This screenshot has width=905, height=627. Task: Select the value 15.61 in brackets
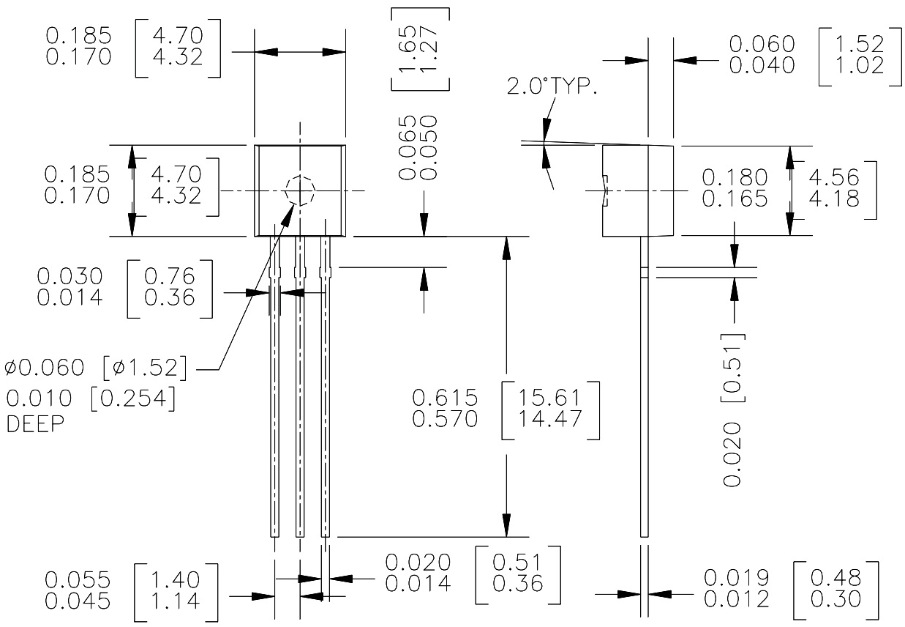(550, 398)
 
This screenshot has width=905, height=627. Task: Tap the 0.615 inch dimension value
(446, 398)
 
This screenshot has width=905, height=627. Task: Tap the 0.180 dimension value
(735, 178)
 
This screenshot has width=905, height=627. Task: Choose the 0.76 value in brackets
(170, 276)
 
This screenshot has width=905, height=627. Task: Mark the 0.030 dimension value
(70, 276)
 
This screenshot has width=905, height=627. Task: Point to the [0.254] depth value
(134, 399)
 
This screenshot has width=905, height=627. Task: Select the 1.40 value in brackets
(175, 580)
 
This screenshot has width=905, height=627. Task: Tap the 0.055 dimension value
(78, 580)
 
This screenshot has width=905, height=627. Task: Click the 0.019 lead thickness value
(737, 578)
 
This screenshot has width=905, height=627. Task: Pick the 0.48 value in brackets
(835, 578)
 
